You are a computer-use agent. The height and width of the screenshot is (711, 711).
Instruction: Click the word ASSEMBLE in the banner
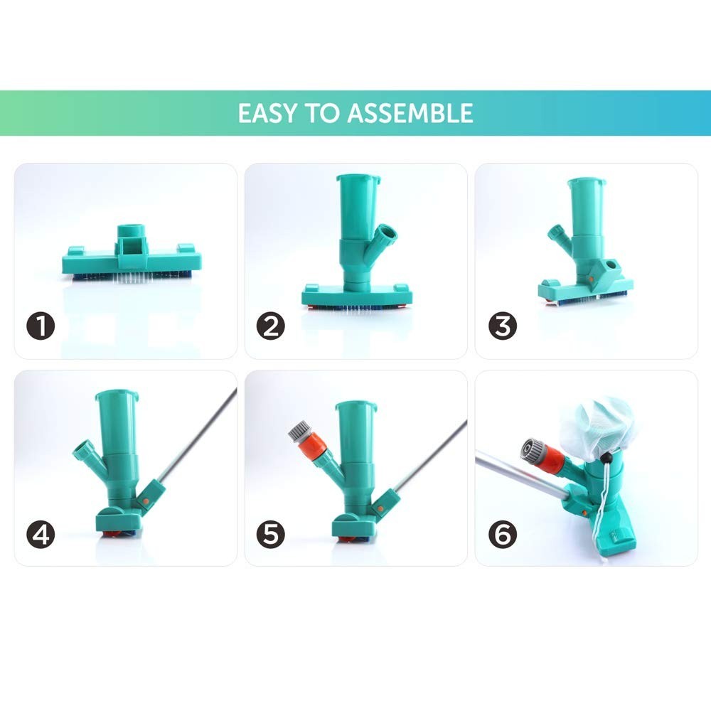tap(410, 113)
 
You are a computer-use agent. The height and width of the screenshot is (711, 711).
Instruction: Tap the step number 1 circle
tap(41, 326)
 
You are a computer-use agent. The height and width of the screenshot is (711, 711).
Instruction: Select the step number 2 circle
tap(271, 326)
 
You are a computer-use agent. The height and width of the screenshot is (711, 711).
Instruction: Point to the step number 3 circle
tap(503, 326)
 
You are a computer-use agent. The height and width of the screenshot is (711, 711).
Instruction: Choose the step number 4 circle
tap(41, 534)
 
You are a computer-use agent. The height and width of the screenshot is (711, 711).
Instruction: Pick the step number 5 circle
tap(271, 534)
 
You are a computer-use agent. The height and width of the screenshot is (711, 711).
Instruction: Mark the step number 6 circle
tap(503, 534)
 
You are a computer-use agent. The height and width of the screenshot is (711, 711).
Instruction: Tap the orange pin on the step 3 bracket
tap(591, 279)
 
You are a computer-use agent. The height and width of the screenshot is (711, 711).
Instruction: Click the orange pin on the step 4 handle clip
tap(146, 501)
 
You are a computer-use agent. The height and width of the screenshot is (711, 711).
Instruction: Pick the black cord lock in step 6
tap(606, 459)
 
